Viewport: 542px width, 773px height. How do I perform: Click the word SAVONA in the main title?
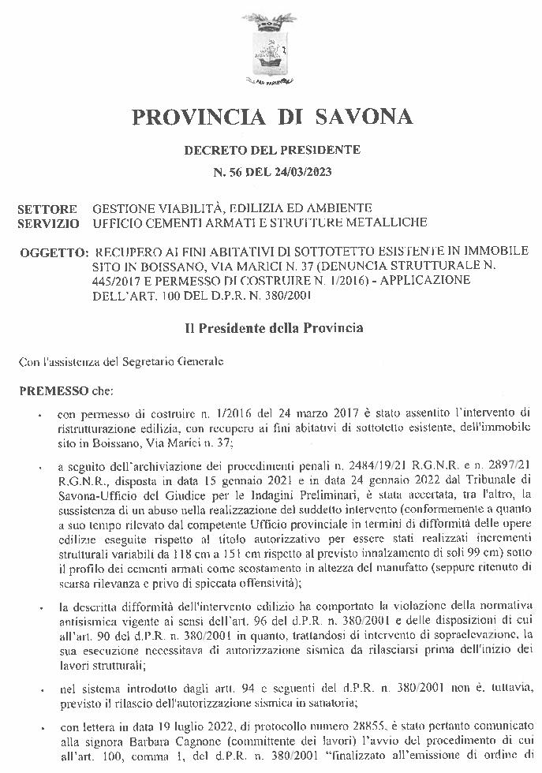[364, 117]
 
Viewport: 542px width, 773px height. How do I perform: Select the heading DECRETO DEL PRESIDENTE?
[272, 150]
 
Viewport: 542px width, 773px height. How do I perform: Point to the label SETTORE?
[47, 210]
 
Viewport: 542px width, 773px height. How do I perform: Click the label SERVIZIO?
[48, 223]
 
